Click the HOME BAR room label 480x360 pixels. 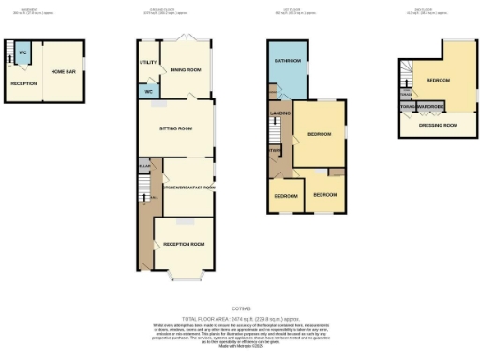[x=64, y=72]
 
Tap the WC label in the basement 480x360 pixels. [x=22, y=52]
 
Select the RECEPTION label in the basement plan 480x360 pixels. [x=22, y=84]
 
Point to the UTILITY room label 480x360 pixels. [x=148, y=63]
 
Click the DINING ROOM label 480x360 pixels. [x=186, y=69]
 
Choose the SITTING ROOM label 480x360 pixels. [x=175, y=127]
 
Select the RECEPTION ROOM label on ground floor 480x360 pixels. [x=184, y=243]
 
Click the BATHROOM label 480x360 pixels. [x=287, y=61]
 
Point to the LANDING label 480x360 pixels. [x=279, y=114]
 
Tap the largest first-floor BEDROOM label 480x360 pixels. [x=320, y=135]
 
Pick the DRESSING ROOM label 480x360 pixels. [x=438, y=124]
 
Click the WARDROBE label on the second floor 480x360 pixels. [x=431, y=108]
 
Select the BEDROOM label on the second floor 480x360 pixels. [x=438, y=80]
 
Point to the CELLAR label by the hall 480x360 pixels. [x=144, y=166]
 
